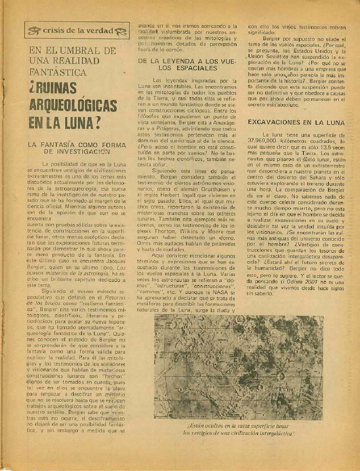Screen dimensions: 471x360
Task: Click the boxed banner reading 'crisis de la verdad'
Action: point(74,30)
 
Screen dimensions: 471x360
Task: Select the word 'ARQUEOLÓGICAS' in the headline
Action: point(73,105)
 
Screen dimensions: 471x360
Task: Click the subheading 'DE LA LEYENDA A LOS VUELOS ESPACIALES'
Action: point(188,65)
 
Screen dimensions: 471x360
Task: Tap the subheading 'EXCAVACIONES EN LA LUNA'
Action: point(297,122)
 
